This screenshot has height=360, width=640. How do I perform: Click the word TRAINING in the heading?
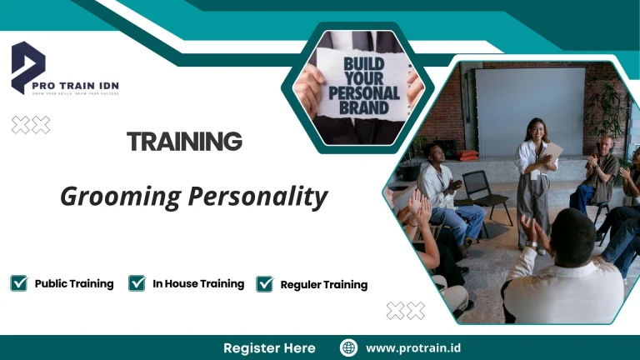184,142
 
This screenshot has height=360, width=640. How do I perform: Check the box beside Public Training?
18,283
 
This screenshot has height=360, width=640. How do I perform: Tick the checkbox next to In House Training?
137,283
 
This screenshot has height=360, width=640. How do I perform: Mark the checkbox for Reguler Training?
264,284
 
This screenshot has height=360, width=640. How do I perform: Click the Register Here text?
269,347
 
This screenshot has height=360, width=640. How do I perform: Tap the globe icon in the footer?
348,347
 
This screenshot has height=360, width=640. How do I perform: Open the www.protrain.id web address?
412,347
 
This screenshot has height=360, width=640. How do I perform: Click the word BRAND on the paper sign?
365,107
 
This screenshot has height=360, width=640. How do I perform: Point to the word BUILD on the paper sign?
365,62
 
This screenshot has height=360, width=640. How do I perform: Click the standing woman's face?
533,129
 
